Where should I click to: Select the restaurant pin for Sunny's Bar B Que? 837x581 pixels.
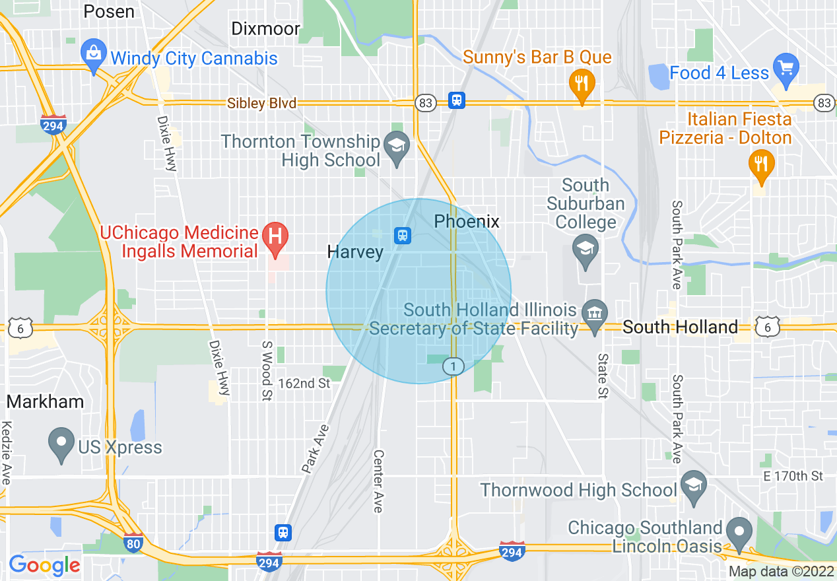pos(582,84)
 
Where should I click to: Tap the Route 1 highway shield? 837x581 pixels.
pos(453,366)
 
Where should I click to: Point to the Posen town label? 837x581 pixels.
pos(109,11)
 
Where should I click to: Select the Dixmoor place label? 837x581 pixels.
pos(266,28)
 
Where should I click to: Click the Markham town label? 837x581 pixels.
pos(46,401)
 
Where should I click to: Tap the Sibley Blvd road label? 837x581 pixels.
pos(261,103)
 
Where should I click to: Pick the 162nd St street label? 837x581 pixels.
pos(304,383)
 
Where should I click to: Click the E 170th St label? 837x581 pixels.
pos(793,476)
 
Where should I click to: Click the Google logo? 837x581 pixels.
pos(44,564)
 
